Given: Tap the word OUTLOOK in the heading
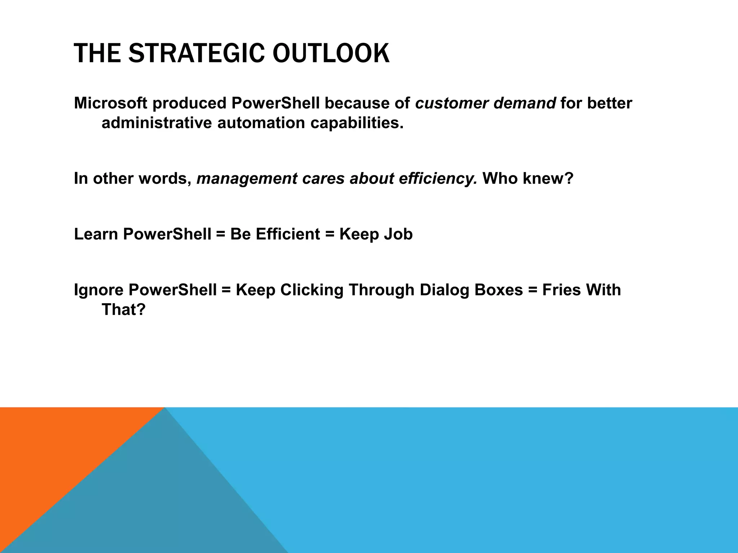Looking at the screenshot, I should pyautogui.click(x=330, y=53).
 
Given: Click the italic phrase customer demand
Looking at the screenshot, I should pyautogui.click(x=485, y=103).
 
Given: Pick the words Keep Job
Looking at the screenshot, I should pyautogui.click(x=376, y=234).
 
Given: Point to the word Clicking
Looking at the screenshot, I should pyautogui.click(x=312, y=290).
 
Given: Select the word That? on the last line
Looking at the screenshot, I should pyautogui.click(x=123, y=310).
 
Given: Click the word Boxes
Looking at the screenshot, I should pyautogui.click(x=498, y=290).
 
